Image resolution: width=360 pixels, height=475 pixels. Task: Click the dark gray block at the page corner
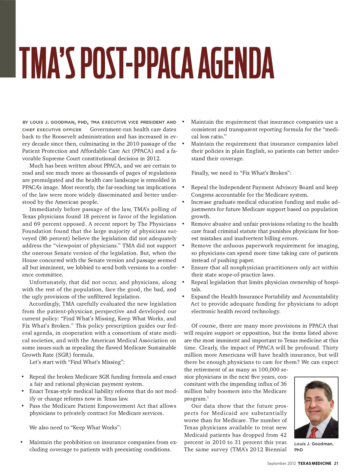7,39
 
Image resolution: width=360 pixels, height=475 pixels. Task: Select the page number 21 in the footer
336,463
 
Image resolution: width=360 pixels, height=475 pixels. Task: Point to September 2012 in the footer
281,463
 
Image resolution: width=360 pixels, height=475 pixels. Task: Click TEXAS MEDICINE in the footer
314,463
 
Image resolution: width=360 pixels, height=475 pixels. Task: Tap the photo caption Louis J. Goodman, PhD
313,446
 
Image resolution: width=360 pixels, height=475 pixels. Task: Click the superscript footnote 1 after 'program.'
208,397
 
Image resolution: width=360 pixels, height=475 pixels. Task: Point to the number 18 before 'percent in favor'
86,216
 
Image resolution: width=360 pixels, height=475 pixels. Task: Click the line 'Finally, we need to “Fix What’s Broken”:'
241,173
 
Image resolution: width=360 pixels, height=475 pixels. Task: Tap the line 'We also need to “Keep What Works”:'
75,428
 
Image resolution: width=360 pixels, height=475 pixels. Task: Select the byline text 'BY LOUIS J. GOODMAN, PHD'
55,122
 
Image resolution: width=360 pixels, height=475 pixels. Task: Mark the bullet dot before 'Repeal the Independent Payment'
183,187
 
